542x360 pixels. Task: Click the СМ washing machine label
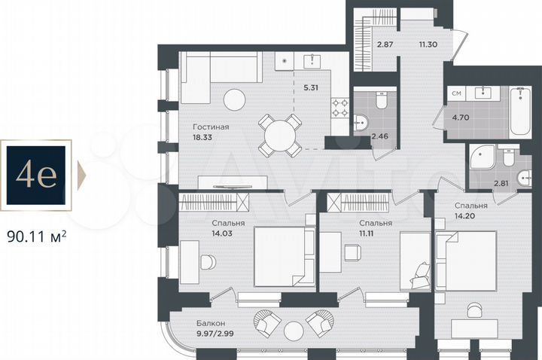(455, 93)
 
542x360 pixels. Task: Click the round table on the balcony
(293, 328)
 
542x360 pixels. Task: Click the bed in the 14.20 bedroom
(467, 260)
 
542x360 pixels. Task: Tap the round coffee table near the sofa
(234, 99)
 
